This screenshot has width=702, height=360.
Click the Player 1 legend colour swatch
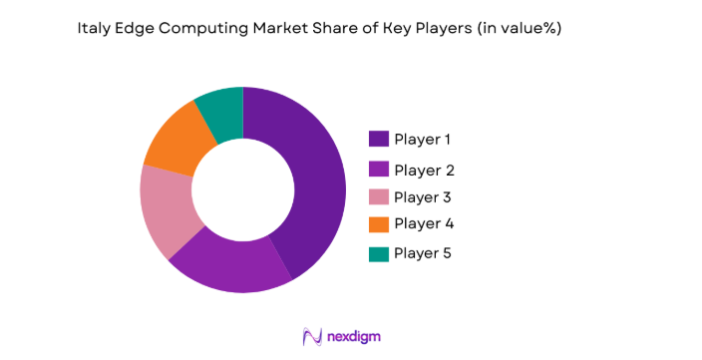click(x=379, y=139)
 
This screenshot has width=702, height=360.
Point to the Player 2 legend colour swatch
click(x=379, y=169)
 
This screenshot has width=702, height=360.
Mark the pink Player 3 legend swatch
click(x=379, y=196)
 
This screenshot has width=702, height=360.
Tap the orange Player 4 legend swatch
click(x=379, y=223)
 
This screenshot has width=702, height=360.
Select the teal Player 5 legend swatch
click(x=379, y=253)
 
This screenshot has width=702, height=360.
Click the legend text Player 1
click(x=422, y=139)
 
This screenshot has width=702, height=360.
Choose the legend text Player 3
click(x=423, y=196)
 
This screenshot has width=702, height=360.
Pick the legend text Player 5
click(x=423, y=253)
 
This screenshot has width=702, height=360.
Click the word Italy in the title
click(x=93, y=29)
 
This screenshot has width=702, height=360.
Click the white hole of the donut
click(x=242, y=190)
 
